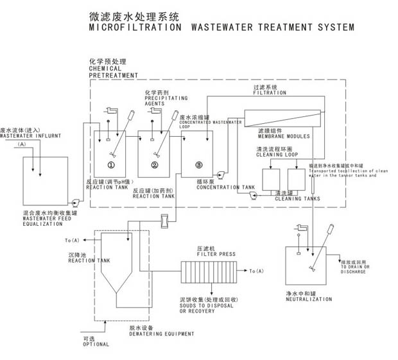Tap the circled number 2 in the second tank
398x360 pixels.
[155, 166]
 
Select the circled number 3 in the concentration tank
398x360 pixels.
[199, 166]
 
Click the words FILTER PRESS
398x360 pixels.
[214, 254]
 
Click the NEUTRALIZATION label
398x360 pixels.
[309, 299]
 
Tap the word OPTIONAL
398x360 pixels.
[96, 344]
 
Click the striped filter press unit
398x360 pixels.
[209, 271]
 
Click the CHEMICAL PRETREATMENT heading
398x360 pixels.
[113, 71]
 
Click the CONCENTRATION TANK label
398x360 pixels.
[225, 188]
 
